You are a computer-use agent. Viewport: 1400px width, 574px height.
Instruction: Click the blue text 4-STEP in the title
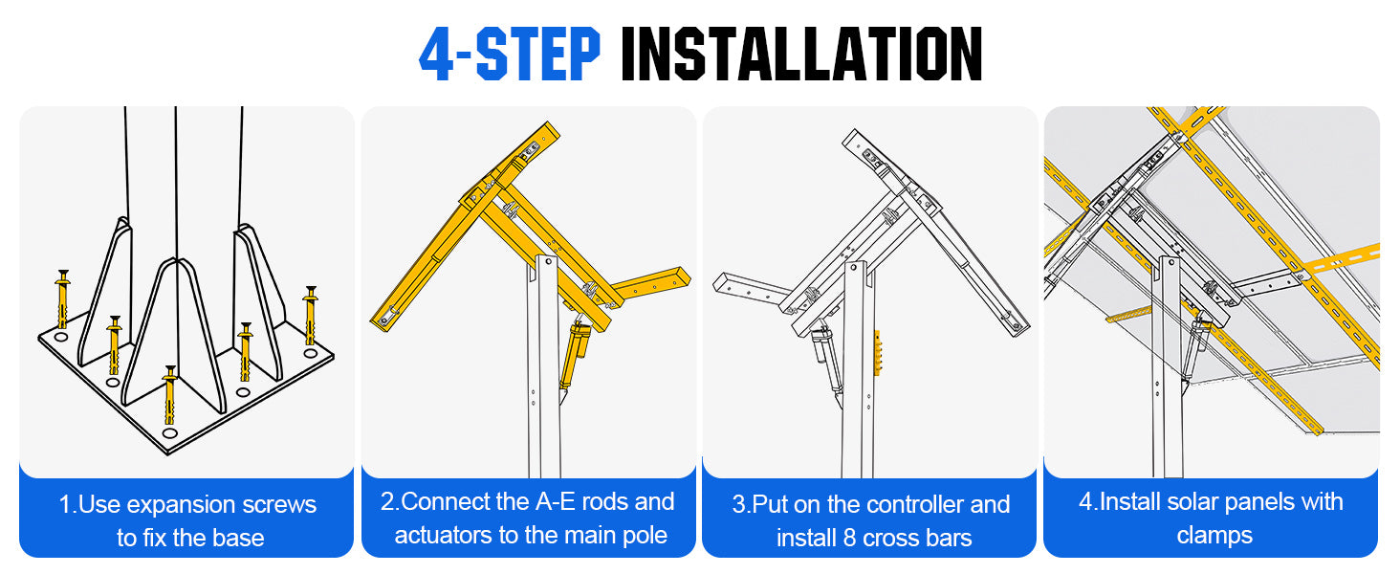pyautogui.click(x=510, y=55)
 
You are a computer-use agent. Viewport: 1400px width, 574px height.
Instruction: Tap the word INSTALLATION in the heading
pyautogui.click(x=801, y=55)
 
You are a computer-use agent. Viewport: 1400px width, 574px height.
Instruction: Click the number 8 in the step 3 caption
pyautogui.click(x=848, y=538)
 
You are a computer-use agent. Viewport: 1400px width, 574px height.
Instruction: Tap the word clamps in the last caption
pyautogui.click(x=1214, y=535)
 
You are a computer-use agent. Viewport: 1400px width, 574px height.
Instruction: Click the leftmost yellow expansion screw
pyautogui.click(x=62, y=298)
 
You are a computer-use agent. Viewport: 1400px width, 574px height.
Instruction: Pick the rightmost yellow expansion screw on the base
pyautogui.click(x=311, y=315)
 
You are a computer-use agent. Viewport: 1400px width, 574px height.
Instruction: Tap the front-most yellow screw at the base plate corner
pyautogui.click(x=169, y=395)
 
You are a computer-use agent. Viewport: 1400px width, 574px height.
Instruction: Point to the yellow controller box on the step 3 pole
pyautogui.click(x=877, y=353)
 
